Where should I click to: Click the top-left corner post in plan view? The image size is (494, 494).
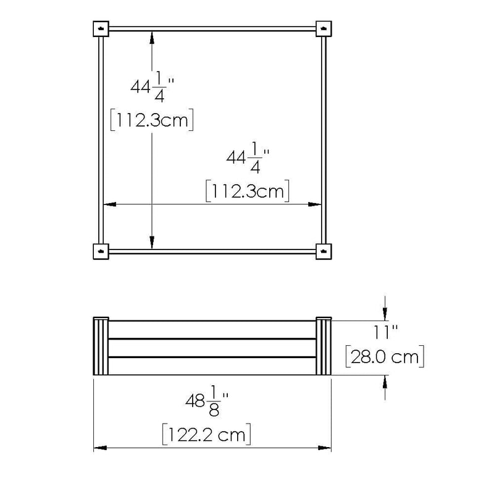101,29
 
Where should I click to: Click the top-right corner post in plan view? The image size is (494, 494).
324,29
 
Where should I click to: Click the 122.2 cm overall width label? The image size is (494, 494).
206,435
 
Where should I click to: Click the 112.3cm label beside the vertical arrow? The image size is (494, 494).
152,120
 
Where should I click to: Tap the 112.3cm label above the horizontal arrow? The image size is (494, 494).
247,191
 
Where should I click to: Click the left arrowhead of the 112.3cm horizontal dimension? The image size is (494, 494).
109,204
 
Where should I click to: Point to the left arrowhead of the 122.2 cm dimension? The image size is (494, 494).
98,448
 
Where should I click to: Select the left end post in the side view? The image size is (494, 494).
101,346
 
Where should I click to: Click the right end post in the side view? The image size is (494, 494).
324,346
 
